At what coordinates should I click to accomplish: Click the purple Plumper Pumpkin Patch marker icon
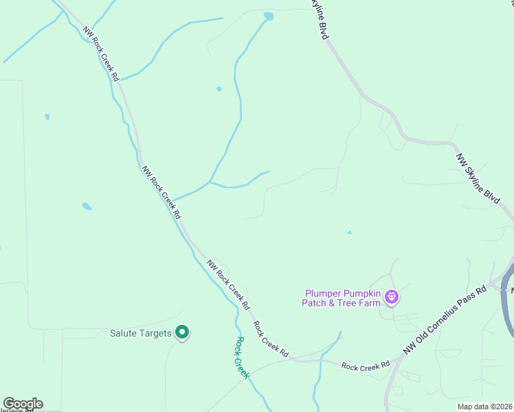coord(392,297)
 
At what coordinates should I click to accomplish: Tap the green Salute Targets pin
coord(182,333)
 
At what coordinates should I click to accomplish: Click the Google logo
coord(23,404)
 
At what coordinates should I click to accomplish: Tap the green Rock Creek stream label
coord(241,356)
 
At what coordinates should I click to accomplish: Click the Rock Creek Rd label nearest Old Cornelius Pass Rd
coord(366,366)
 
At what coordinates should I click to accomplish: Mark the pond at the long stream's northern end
coord(268,15)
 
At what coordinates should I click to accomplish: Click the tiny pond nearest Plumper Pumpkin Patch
coord(349,233)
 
